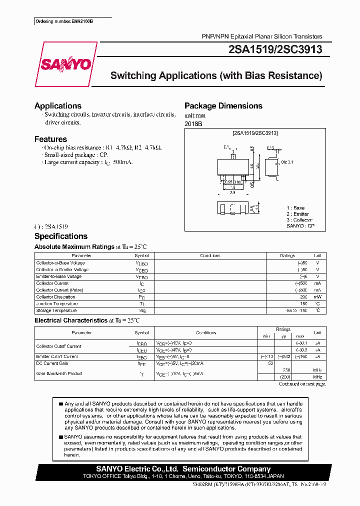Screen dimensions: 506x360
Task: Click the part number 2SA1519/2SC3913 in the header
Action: (274, 49)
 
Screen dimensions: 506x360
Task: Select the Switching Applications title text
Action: (216, 76)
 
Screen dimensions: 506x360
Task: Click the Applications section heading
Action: (58, 106)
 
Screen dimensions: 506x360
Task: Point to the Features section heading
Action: (50, 139)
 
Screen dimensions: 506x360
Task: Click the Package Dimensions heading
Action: (223, 106)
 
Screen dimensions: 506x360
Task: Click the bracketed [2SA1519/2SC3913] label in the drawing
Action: (255, 133)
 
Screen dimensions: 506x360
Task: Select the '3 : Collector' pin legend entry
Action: (299, 220)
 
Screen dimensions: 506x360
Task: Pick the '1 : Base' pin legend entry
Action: (295, 208)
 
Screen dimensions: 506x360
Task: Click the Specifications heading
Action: (60, 236)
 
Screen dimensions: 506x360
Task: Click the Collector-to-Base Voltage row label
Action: (60, 263)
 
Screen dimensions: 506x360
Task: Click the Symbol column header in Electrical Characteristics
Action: (141, 332)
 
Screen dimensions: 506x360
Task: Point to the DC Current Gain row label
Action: (52, 363)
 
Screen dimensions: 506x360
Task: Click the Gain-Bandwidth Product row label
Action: (59, 373)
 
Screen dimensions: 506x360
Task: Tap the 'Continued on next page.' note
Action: (301, 384)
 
